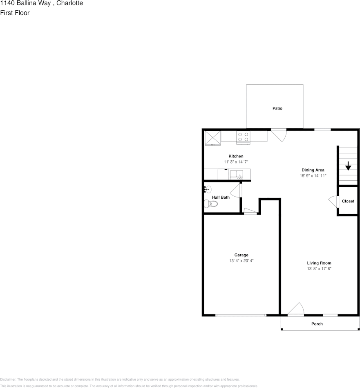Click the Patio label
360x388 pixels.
[x=277, y=108]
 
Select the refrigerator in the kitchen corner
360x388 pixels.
[x=212, y=137]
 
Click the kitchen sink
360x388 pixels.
[x=237, y=175]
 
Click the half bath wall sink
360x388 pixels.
[x=207, y=189]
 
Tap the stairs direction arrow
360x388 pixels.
[x=348, y=166]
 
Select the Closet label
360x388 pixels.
[x=348, y=201]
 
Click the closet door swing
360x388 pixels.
[x=333, y=201]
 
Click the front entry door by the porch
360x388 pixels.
[x=296, y=310]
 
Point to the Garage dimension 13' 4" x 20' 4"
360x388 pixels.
[x=241, y=261]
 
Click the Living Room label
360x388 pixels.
[x=319, y=263]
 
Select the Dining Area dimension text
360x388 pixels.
[x=313, y=176]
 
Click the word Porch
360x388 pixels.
[x=317, y=324]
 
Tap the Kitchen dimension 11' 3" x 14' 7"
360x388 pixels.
[x=236, y=162]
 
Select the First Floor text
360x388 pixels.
[x=15, y=13]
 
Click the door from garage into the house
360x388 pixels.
[x=250, y=211]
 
